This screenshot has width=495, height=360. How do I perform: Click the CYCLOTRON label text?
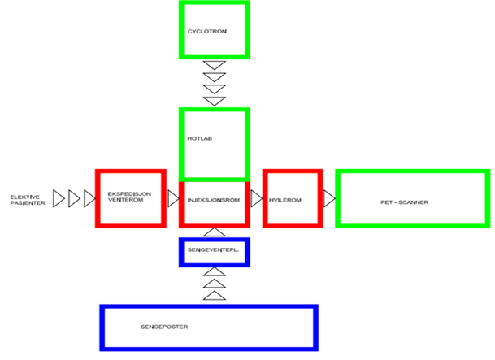[x=206, y=32]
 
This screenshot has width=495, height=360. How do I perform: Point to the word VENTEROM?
[x=126, y=202]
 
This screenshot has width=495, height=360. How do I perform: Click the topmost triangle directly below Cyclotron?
[x=214, y=66]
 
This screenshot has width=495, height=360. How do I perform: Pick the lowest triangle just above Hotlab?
[x=214, y=101]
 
